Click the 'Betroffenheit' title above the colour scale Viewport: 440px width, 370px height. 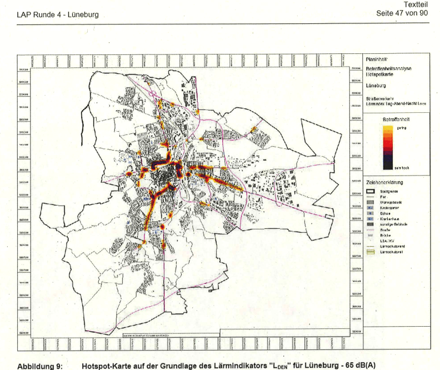pos(396,119)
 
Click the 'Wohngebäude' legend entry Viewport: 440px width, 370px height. pos(392,202)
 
